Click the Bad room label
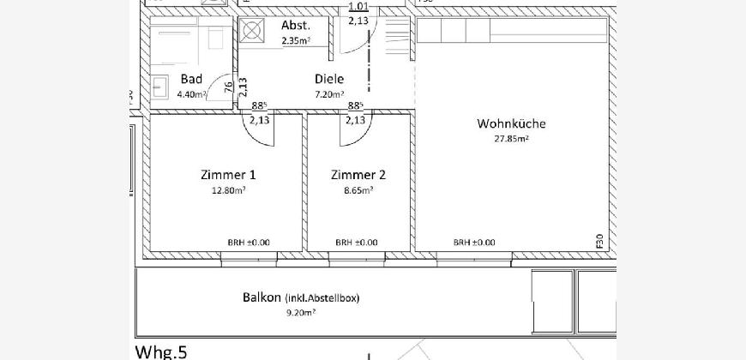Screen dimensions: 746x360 (191, 80)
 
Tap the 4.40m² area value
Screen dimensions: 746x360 (191, 94)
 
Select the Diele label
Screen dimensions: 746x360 (329, 80)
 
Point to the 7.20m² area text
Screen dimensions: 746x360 (329, 94)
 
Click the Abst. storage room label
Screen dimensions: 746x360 (296, 25)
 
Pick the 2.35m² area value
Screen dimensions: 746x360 (296, 41)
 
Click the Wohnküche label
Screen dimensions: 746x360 (511, 124)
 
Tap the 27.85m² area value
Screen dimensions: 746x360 (511, 140)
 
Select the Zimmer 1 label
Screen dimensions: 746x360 (228, 175)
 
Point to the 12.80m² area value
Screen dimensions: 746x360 (228, 190)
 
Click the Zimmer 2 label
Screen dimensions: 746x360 (358, 175)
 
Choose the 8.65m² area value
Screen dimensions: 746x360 (358, 190)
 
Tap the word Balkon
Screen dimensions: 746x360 (262, 297)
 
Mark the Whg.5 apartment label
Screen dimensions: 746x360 (161, 352)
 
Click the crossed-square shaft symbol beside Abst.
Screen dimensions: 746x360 (250, 31)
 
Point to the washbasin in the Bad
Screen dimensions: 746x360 (160, 87)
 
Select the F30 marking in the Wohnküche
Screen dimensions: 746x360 (599, 241)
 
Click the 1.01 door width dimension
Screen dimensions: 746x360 (358, 6)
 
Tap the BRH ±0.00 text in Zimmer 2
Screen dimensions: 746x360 (357, 243)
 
